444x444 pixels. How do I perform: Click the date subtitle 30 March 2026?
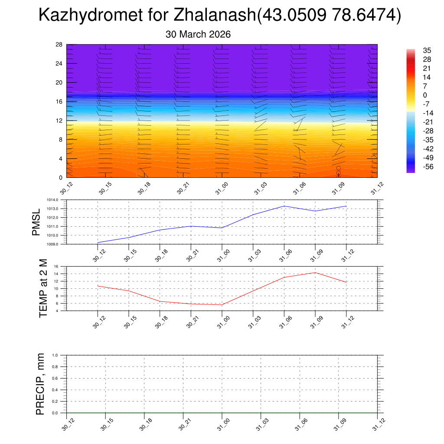(198, 34)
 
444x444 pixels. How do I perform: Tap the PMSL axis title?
(36, 222)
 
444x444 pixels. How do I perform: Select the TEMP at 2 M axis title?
(43, 288)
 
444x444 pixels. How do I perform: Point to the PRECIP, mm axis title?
(40, 384)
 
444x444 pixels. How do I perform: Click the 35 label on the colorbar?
(427, 51)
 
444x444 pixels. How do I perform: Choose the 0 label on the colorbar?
(425, 95)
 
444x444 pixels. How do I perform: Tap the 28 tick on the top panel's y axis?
(59, 45)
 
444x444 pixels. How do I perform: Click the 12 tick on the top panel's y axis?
(59, 121)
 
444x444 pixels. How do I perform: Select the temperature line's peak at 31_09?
(315, 272)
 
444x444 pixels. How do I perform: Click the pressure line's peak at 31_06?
(284, 206)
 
